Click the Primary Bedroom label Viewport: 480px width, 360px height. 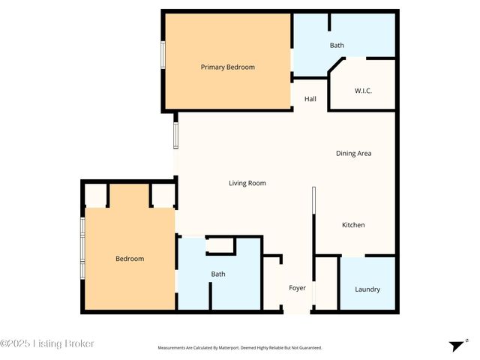227,67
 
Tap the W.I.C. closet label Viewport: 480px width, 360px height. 363,91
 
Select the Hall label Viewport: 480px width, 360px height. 310,99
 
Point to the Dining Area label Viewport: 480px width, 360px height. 353,153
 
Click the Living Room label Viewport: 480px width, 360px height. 247,183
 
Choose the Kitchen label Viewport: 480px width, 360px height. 353,225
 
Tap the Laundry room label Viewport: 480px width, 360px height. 367,289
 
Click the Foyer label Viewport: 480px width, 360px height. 298,288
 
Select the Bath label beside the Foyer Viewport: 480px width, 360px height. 217,274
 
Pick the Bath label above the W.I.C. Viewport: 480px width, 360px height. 337,46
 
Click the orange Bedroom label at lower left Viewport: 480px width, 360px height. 130,259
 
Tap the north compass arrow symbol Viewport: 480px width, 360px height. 457,345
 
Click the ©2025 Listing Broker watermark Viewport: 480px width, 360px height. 47,343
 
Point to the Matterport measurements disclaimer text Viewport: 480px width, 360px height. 239,348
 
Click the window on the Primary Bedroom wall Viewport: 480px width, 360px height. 163,55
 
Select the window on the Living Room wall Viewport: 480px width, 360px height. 176,135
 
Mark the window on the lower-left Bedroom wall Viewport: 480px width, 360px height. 83,248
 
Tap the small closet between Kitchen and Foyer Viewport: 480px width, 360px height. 325,283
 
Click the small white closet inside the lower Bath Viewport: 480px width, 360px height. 220,246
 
